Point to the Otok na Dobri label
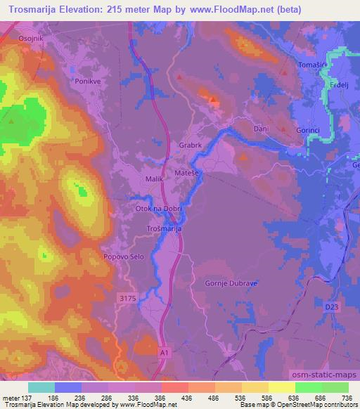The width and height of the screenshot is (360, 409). (157, 209)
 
